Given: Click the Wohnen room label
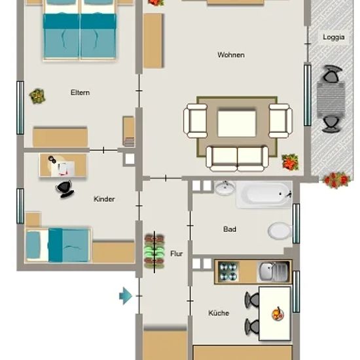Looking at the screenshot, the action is pos(231,55).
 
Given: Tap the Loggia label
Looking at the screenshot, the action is pos(334,37).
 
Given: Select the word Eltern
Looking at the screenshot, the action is pos(80,92).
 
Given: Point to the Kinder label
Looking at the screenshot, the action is pos(104,199).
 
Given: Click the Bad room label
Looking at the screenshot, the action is pos(230,229).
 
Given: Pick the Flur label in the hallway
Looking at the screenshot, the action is pos(177,254).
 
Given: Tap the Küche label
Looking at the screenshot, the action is pos(219,313).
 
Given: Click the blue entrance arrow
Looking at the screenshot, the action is pos(126,296).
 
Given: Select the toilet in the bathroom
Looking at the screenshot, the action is pos(279,231).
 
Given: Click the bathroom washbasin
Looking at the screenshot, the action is pos(225,188).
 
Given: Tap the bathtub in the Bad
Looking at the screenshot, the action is pos(264,194).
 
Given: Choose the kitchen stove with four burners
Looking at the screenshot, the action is pos(228,272).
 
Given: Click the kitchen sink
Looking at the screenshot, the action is pos(273,272).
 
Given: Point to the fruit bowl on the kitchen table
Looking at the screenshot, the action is pos(278,314).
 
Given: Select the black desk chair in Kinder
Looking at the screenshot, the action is pos(65,189).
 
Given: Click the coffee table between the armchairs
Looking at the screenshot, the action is pos(237,123).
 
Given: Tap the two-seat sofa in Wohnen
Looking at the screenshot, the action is pos(238,159).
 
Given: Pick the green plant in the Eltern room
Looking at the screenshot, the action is pos(37,96).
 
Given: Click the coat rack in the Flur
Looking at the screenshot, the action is pos(154,252).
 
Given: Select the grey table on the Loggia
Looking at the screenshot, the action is pos(331,100).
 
